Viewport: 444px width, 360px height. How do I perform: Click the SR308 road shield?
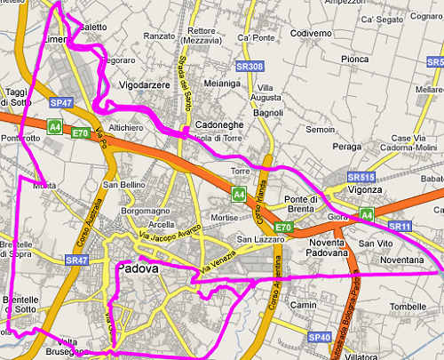click(x=250, y=67)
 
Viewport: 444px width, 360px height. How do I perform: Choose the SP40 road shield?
click(x=320, y=338)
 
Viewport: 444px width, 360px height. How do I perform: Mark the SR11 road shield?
click(x=400, y=227)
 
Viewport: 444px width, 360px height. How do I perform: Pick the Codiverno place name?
click(x=310, y=33)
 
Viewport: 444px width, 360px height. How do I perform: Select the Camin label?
click(x=305, y=305)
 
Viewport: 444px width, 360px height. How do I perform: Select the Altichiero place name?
click(x=125, y=128)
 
